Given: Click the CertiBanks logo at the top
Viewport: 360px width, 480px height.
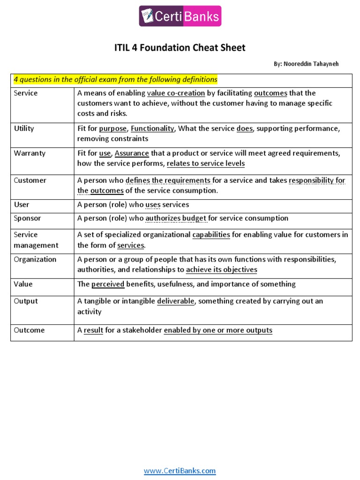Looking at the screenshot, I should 180,16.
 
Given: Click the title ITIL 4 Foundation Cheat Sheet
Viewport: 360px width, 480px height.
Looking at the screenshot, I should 180,48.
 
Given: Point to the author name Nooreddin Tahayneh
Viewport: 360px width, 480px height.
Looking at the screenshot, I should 313,64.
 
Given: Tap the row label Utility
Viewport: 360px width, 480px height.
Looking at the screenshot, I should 24,128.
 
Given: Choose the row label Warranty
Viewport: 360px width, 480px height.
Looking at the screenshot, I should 27,153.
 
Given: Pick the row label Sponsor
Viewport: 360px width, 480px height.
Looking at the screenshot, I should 27,218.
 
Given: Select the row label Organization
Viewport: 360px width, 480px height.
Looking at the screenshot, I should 35,259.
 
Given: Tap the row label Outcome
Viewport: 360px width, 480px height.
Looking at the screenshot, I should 29,330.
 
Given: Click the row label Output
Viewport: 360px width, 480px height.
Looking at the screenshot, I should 26,301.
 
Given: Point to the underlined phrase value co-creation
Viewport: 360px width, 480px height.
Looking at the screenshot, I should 176,93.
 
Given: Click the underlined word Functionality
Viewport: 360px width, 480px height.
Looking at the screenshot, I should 152,128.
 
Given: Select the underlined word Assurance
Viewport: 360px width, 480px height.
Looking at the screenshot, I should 132,153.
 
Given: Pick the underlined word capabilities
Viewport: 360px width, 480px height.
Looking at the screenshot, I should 211,234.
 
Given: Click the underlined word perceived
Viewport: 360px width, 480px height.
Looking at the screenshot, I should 108,284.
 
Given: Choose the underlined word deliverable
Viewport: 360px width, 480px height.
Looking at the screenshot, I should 175,301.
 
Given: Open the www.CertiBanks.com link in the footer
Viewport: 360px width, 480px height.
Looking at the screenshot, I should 180,471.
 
